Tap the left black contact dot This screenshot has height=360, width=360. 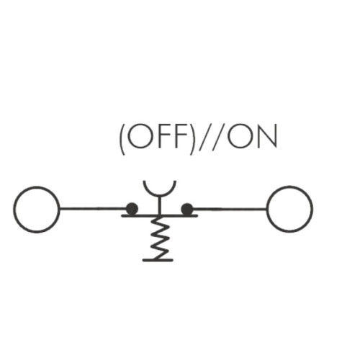pyautogui.click(x=132, y=209)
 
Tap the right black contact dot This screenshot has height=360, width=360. pyautogui.click(x=187, y=209)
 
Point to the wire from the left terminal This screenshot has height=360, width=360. pyautogui.click(x=93, y=209)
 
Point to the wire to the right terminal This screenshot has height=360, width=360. pyautogui.click(x=230, y=209)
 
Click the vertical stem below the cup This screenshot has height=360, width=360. pyautogui.click(x=158, y=204)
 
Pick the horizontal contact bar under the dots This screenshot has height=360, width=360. pyautogui.click(x=160, y=216)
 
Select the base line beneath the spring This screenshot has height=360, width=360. pyautogui.click(x=158, y=260)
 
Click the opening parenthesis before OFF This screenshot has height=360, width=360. pyautogui.click(x=122, y=139)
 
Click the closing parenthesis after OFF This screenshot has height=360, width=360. pyautogui.click(x=191, y=139)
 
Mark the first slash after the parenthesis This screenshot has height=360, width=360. pyautogui.click(x=204, y=138)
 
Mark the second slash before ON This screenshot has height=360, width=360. pyautogui.click(x=217, y=138)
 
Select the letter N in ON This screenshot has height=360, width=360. pyautogui.click(x=268, y=136)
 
